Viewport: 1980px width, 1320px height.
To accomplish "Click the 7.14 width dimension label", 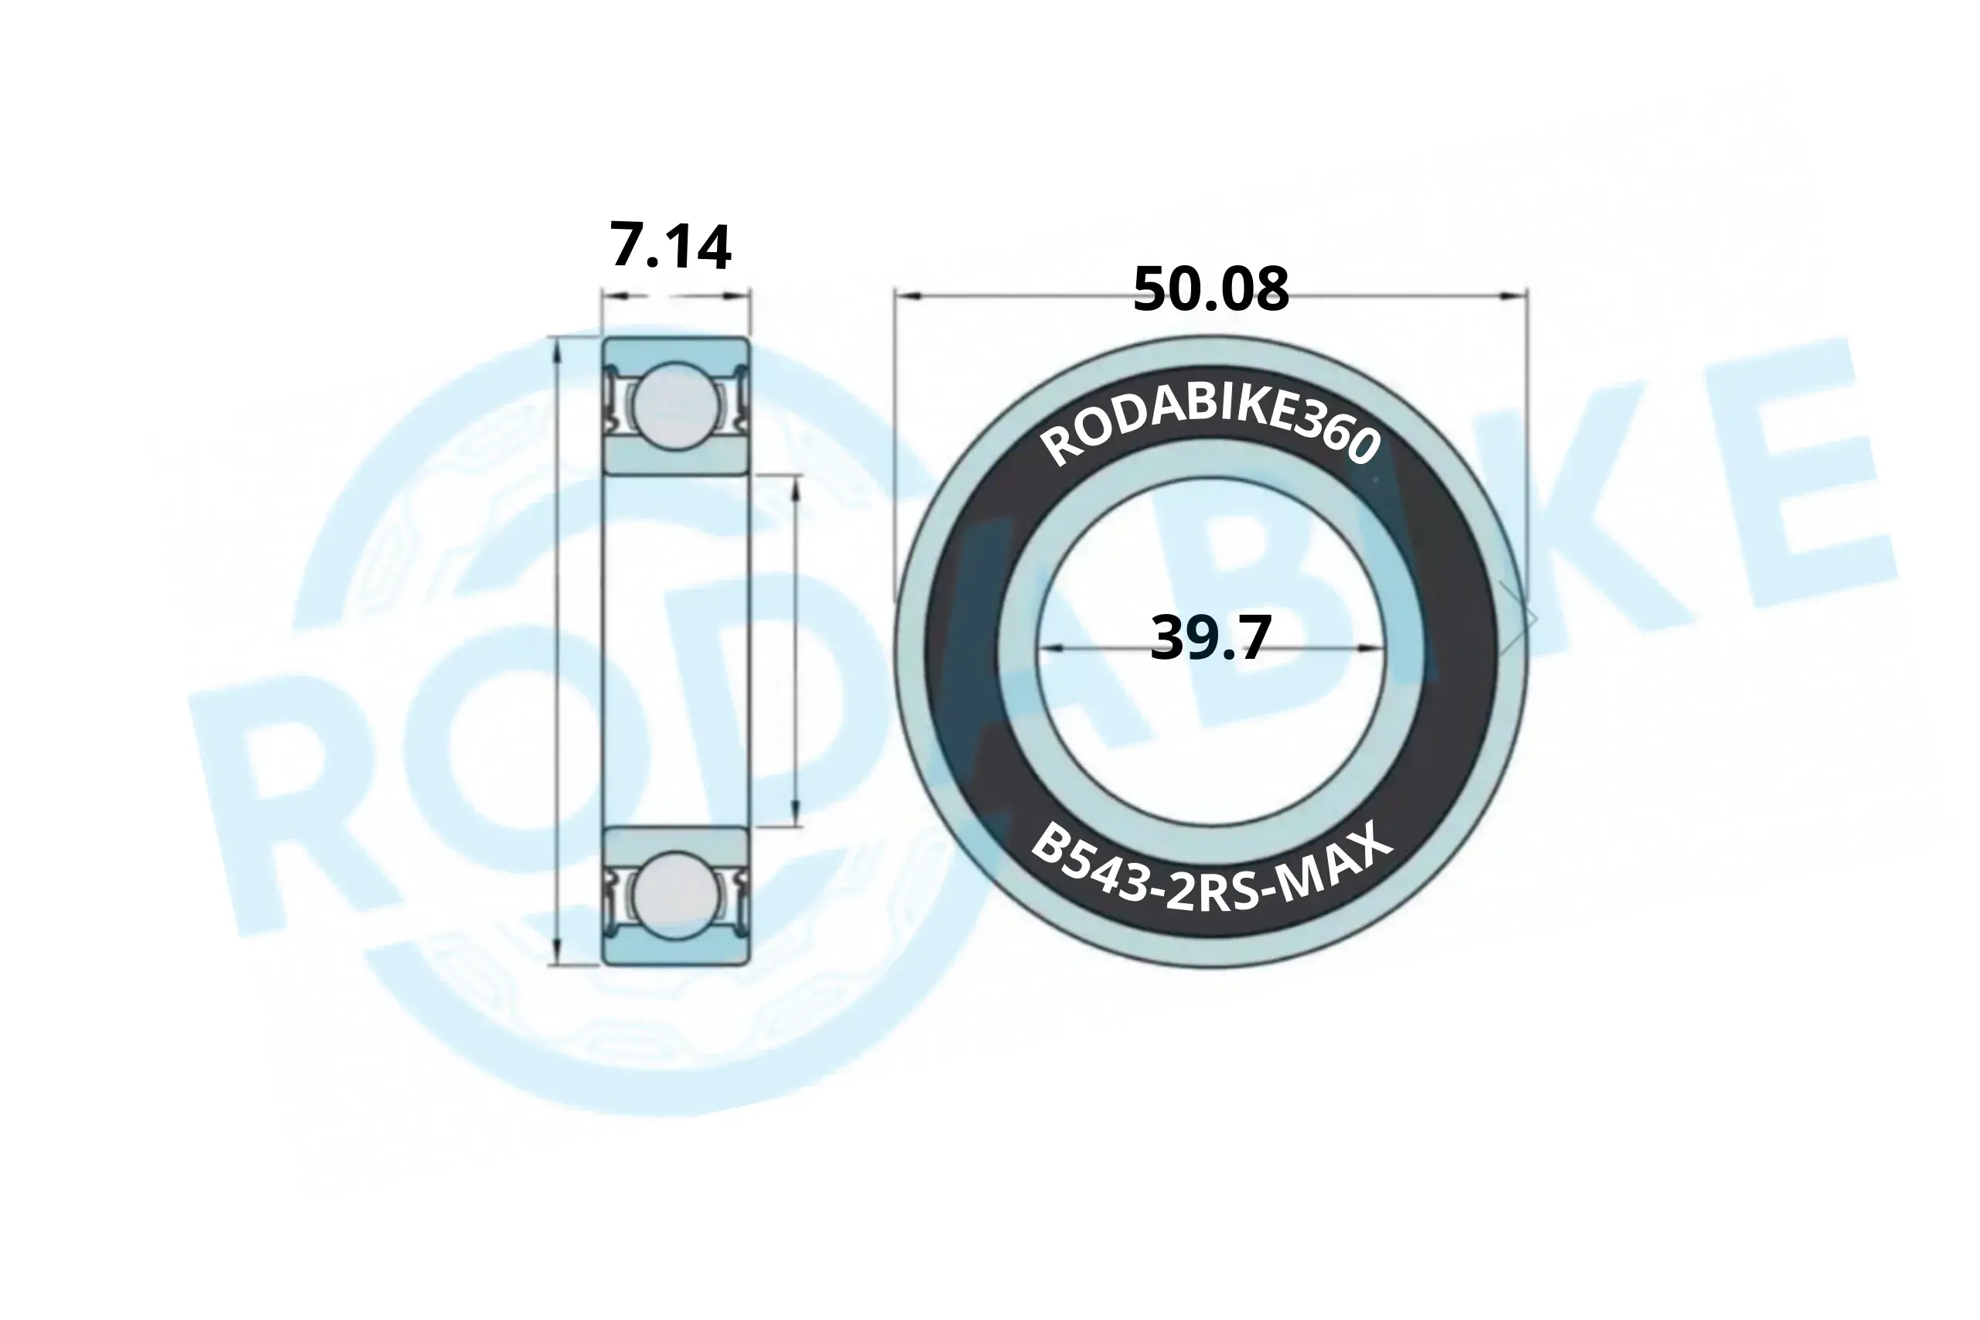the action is point(670,247).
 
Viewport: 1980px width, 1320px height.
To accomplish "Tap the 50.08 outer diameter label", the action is point(1210,288).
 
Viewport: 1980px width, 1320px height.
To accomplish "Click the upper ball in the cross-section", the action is point(676,405).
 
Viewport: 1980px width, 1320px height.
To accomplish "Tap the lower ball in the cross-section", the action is point(676,895).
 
